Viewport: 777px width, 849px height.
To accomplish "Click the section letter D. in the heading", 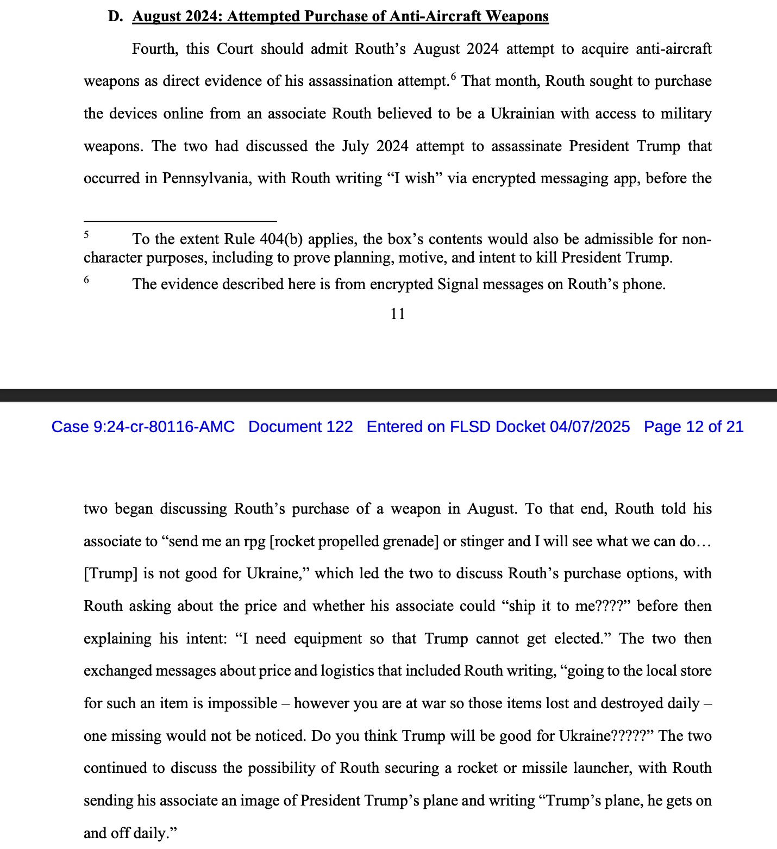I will click(x=115, y=16).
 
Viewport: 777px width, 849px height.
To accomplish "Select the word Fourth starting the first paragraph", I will click(x=154, y=49).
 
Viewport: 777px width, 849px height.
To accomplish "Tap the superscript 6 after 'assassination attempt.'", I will click(x=453, y=77).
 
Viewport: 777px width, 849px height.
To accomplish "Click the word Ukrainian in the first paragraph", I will click(x=522, y=114).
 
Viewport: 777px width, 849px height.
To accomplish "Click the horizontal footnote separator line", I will click(x=180, y=221).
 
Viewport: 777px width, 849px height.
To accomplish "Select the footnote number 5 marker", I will click(x=86, y=235).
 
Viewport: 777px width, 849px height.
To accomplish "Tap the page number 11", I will click(x=397, y=314).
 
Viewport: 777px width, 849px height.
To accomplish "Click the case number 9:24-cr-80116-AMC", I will click(x=164, y=427).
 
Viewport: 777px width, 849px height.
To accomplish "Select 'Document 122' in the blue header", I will click(x=300, y=427).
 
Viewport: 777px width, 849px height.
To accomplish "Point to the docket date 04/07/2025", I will click(x=590, y=427).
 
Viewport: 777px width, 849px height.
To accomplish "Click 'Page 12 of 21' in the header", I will click(x=693, y=427).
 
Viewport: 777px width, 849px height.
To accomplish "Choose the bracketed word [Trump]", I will click(x=111, y=573).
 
